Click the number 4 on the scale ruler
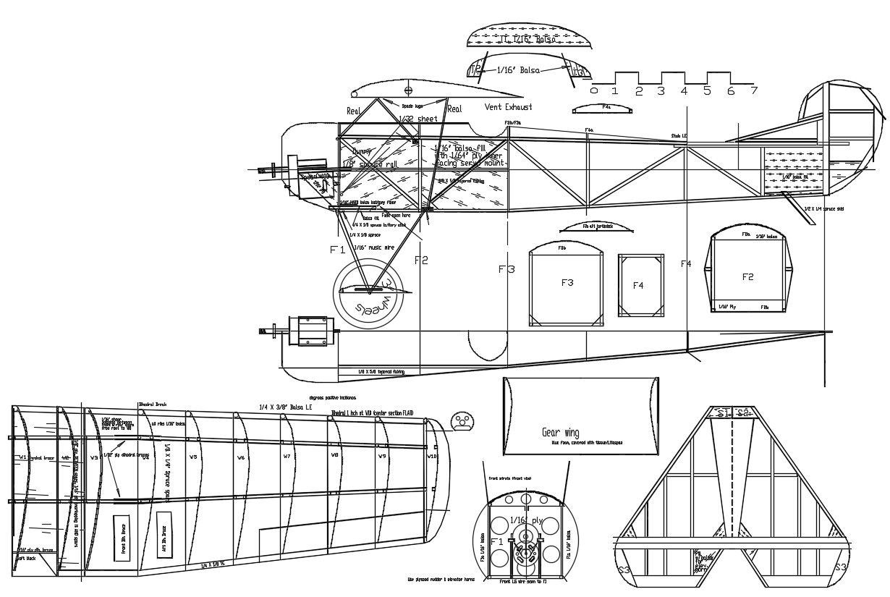(x=684, y=91)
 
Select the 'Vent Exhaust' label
(x=508, y=107)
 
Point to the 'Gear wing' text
(x=561, y=433)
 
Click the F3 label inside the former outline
(x=567, y=283)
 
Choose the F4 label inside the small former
(x=638, y=286)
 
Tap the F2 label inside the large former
(x=748, y=277)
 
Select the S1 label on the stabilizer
(x=721, y=413)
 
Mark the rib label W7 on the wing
(x=287, y=457)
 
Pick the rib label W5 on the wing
(x=193, y=457)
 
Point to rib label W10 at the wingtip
(x=432, y=457)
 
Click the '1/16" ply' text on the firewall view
(x=526, y=520)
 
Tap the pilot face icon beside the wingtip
(x=461, y=421)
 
